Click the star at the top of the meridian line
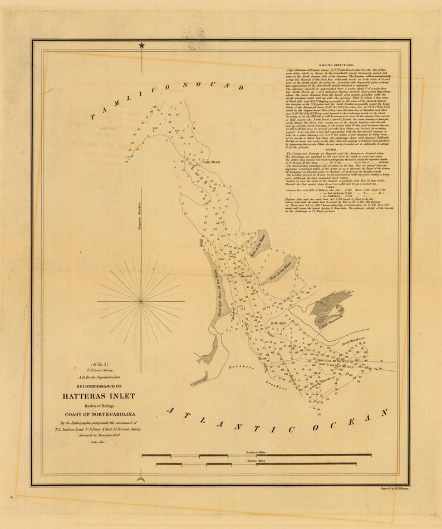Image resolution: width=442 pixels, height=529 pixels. [142, 46]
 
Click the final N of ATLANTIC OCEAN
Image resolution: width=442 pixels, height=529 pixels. [383, 413]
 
